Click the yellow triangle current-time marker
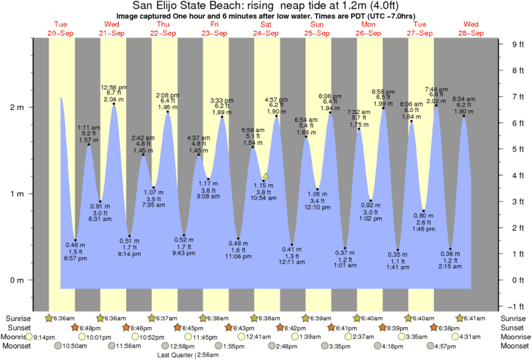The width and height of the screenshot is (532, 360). (x=266, y=176)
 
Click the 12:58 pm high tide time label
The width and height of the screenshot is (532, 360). (x=114, y=87)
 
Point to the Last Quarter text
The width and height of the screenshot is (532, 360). (x=176, y=355)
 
